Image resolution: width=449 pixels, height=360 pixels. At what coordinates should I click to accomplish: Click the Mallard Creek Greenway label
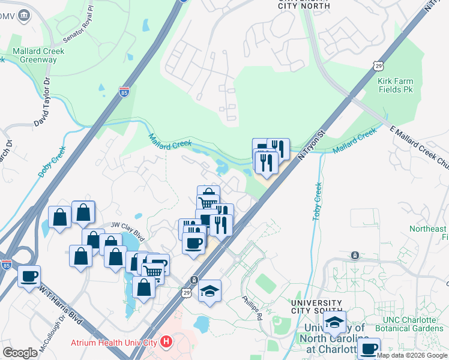(37, 56)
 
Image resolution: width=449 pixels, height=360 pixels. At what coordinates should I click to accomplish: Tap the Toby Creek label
(318, 201)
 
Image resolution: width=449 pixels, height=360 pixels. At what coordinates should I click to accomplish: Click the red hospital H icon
(166, 343)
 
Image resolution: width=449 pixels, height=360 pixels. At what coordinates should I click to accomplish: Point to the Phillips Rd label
(253, 307)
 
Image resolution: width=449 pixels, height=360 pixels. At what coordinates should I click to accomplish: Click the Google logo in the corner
(20, 353)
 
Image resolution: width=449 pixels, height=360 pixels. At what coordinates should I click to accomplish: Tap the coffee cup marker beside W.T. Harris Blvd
(29, 277)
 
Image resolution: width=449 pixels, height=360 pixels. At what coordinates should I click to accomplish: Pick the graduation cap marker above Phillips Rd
(209, 291)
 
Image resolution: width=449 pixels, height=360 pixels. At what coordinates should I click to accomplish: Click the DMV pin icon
(25, 16)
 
